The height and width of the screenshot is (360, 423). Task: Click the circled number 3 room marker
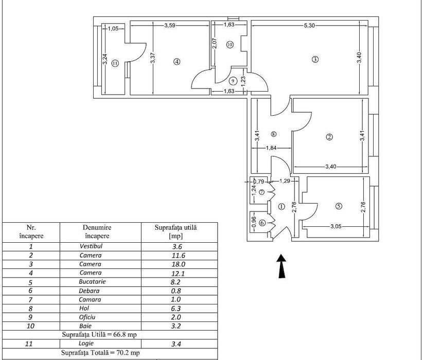pyautogui.click(x=315, y=59)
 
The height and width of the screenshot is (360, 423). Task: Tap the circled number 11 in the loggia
pyautogui.click(x=115, y=63)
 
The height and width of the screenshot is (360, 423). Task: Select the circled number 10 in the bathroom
pyautogui.click(x=230, y=45)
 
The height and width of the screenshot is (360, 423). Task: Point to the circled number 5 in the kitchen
pyautogui.click(x=339, y=206)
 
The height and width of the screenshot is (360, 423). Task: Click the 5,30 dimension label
pyautogui.click(x=309, y=26)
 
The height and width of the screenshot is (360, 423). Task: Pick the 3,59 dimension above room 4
pyautogui.click(x=170, y=26)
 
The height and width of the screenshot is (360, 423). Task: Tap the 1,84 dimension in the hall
pyautogui.click(x=271, y=148)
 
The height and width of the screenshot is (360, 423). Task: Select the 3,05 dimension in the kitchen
pyautogui.click(x=336, y=226)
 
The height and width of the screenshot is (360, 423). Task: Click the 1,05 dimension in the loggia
pyautogui.click(x=113, y=29)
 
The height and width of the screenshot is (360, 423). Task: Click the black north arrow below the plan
pyautogui.click(x=281, y=266)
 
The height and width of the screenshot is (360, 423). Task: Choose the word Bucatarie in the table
pyautogui.click(x=92, y=282)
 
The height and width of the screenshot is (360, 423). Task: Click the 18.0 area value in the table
pyautogui.click(x=179, y=264)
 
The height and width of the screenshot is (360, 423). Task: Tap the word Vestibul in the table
pyautogui.click(x=91, y=246)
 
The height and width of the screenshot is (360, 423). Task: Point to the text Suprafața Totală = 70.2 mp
pyautogui.click(x=100, y=353)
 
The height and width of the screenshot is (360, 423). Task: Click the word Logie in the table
pyautogui.click(x=86, y=343)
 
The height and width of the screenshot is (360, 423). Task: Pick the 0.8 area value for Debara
pyautogui.click(x=176, y=291)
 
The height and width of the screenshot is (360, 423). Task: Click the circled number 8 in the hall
pyautogui.click(x=274, y=134)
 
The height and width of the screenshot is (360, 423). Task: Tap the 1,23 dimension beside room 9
pyautogui.click(x=243, y=81)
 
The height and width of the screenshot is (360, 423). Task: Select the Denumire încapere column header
pyautogui.click(x=97, y=231)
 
